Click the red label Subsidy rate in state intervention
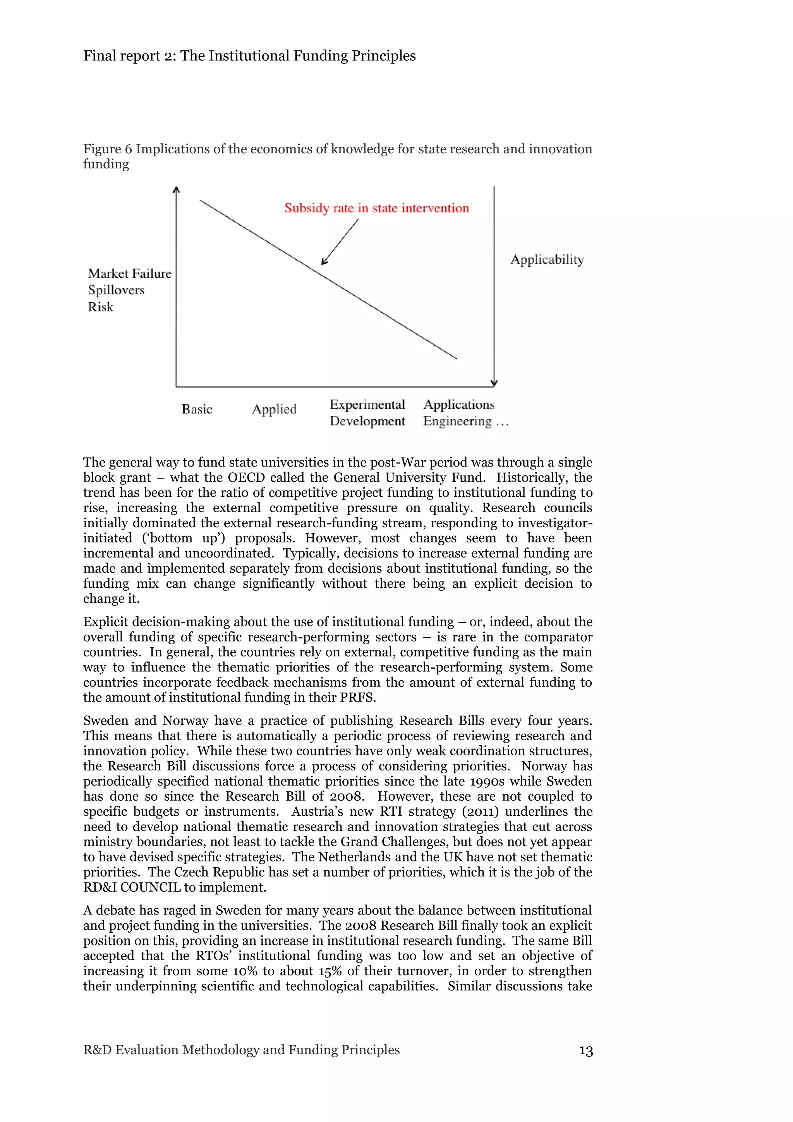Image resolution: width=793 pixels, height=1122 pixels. (376, 208)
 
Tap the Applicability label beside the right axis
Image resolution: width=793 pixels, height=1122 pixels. (547, 259)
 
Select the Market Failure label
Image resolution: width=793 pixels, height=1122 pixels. (129, 273)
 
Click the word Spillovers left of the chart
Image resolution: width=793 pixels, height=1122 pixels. (116, 290)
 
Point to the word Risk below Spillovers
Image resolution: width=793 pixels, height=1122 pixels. (101, 307)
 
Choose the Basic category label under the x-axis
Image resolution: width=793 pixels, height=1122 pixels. (197, 409)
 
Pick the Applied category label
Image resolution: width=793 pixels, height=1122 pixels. (274, 409)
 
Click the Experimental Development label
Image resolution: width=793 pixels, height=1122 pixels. (367, 412)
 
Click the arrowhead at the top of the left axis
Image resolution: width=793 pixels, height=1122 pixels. (177, 190)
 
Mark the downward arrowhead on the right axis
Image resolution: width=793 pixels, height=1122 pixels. (494, 383)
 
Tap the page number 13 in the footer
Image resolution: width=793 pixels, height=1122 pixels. (585, 1051)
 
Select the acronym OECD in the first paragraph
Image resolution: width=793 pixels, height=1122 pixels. (246, 477)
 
